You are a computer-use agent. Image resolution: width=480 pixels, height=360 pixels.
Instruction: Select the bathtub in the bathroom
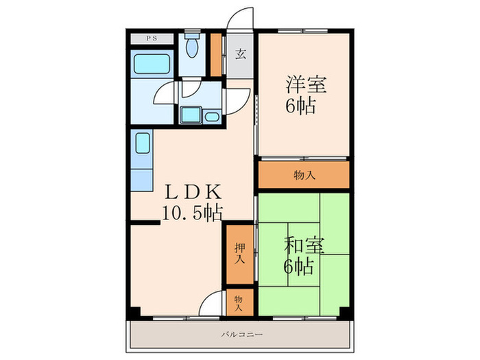tap(152, 67)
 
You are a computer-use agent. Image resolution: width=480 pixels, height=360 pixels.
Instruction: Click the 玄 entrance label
tap(241, 55)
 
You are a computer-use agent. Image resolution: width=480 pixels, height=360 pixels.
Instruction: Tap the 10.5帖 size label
tap(192, 213)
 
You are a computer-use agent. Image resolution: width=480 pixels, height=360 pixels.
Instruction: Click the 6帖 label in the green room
tap(300, 265)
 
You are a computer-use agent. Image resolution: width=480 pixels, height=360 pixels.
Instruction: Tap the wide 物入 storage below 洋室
tap(304, 174)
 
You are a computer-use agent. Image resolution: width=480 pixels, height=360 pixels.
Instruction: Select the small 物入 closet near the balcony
tap(239, 303)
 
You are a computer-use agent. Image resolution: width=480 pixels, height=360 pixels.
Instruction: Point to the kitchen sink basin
tap(143, 145)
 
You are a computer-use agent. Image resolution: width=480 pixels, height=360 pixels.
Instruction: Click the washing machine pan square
tap(189, 115)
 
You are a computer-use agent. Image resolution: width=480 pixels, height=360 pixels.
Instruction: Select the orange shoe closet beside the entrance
tap(216, 54)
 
